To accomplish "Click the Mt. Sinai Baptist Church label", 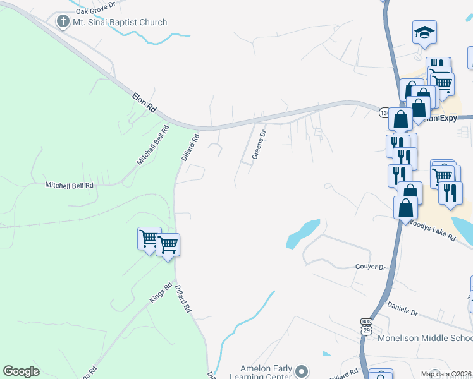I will pos(120,23).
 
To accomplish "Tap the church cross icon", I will pos(63,22).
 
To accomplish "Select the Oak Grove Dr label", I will pos(96,11).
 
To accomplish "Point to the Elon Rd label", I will pos(144,103).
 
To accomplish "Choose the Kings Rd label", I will pos(161,294).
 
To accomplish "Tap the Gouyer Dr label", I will pos(370,267).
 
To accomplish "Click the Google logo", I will pos(21,371).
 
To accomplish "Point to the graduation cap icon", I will pos(425,33).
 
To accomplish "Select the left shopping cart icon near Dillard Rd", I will pos(149,239).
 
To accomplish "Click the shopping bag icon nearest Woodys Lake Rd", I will pos(405,207).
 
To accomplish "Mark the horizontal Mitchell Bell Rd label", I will pos(69,185).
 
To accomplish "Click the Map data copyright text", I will pos(446,374).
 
